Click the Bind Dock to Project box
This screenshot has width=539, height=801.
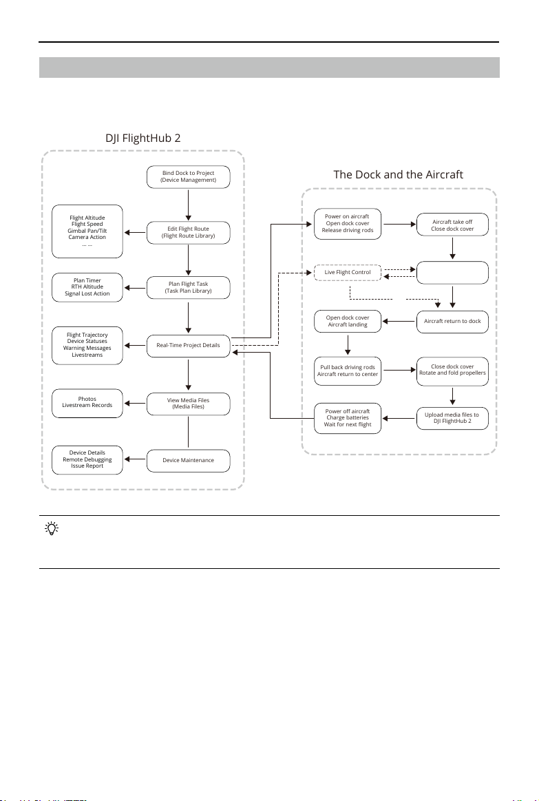pyautogui.click(x=189, y=177)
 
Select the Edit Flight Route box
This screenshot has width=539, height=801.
pyautogui.click(x=189, y=232)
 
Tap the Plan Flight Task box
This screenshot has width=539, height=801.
pyautogui.click(x=189, y=288)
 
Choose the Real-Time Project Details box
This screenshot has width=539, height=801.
pyautogui.click(x=189, y=345)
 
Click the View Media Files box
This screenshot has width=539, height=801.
pyautogui.click(x=189, y=404)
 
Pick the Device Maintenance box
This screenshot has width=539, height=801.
pyautogui.click(x=189, y=460)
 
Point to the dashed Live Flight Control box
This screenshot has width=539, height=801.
pyautogui.click(x=348, y=272)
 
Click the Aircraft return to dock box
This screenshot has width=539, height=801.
pyautogui.click(x=452, y=322)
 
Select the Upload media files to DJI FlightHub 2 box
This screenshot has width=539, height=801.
pyautogui.click(x=452, y=418)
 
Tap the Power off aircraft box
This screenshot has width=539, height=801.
pyautogui.click(x=348, y=418)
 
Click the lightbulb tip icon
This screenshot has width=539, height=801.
pyautogui.click(x=52, y=528)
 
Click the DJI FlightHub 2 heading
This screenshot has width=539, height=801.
pyautogui.click(x=143, y=138)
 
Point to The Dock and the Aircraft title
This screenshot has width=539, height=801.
pyautogui.click(x=398, y=175)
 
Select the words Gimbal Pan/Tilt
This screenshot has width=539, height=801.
pyautogui.click(x=87, y=231)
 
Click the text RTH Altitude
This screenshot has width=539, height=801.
pyautogui.click(x=87, y=287)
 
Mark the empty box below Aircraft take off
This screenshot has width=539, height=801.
pyautogui.click(x=452, y=273)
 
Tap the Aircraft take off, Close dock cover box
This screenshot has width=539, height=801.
pyautogui.click(x=452, y=225)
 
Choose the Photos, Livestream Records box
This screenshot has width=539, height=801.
pyautogui.click(x=87, y=404)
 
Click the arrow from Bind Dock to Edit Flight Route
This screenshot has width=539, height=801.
pyautogui.click(x=189, y=205)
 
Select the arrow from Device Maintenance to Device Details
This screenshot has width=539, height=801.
pyautogui.click(x=135, y=459)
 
